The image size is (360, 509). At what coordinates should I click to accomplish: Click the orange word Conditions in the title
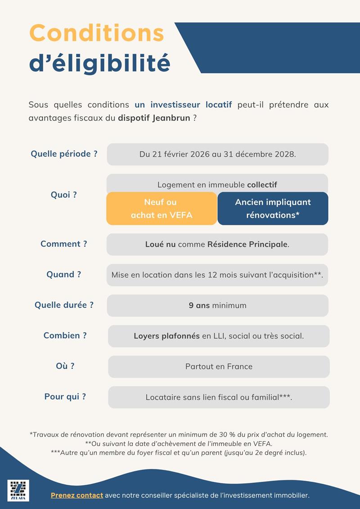pyautogui.click(x=97, y=33)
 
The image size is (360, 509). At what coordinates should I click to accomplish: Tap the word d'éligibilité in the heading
pyautogui.click(x=99, y=63)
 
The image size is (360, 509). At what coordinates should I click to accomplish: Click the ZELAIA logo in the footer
pyautogui.click(x=18, y=490)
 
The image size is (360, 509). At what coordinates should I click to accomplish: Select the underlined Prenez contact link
pyautogui.click(x=77, y=495)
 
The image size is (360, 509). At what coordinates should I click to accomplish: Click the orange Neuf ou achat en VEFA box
pyautogui.click(x=162, y=209)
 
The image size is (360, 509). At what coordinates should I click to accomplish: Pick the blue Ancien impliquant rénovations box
pyautogui.click(x=273, y=209)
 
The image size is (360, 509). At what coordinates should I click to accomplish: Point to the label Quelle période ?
pyautogui.click(x=64, y=154)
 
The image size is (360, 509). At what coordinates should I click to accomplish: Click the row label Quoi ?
pyautogui.click(x=64, y=195)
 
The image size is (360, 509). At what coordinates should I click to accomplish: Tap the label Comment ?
pyautogui.click(x=64, y=244)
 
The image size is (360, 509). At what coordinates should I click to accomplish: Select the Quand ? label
pyautogui.click(x=64, y=274)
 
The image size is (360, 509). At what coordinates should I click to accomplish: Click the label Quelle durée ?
pyautogui.click(x=64, y=305)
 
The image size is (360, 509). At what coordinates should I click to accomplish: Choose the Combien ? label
pyautogui.click(x=65, y=335)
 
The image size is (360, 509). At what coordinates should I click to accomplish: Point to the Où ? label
pyautogui.click(x=65, y=366)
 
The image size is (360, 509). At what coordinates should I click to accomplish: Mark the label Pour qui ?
pyautogui.click(x=65, y=397)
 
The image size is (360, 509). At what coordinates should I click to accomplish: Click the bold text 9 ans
pyautogui.click(x=199, y=305)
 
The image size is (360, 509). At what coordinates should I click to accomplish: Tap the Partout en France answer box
pyautogui.click(x=219, y=366)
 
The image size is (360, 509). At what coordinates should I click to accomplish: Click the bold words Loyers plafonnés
pyautogui.click(x=166, y=336)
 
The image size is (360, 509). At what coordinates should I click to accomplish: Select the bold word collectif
pyautogui.click(x=262, y=185)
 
